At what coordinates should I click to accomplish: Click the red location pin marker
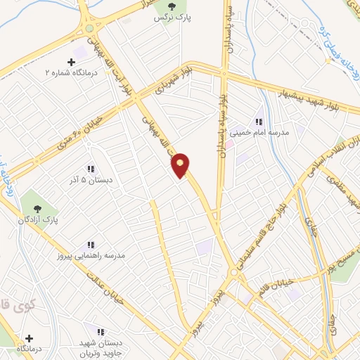coord(181,166)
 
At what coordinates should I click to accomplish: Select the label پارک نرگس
coord(164,17)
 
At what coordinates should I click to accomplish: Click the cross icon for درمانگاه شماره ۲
coord(71,63)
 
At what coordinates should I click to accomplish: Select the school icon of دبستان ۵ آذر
coord(90,169)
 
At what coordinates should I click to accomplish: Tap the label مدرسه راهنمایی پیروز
coord(91,255)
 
